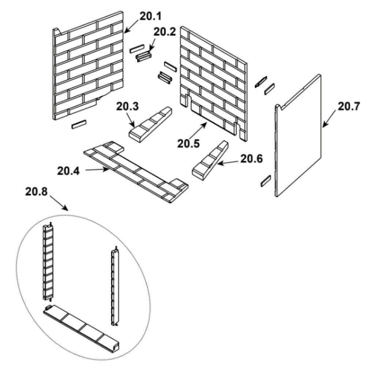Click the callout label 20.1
[x=150, y=16]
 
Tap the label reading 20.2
[x=165, y=32]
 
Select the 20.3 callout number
[x=127, y=107]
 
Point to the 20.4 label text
[x=68, y=171]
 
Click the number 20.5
[x=188, y=143]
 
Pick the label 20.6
[x=252, y=159]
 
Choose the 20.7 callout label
[x=349, y=107]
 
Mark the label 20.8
[x=36, y=192]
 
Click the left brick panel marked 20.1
[x=88, y=66]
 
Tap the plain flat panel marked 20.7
[x=298, y=135]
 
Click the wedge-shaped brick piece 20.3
[x=150, y=125]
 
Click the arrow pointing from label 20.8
[x=59, y=203]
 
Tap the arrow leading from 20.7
[x=329, y=119]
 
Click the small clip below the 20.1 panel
[x=79, y=124]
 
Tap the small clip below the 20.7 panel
[x=266, y=181]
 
